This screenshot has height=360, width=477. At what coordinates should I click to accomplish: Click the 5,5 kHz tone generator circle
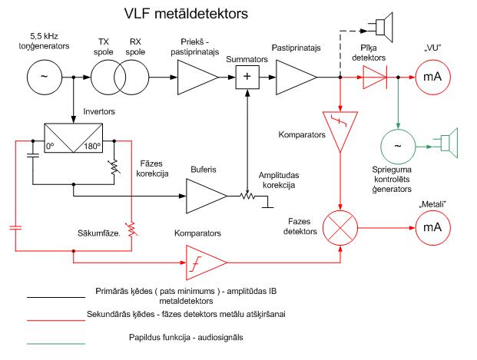click(x=43, y=77)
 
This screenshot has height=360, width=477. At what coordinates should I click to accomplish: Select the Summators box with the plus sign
click(x=247, y=77)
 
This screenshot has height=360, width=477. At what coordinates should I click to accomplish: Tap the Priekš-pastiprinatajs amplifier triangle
click(x=196, y=77)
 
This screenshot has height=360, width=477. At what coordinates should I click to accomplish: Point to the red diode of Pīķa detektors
click(x=376, y=77)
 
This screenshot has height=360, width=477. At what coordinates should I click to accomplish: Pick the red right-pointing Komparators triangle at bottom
click(x=204, y=263)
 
